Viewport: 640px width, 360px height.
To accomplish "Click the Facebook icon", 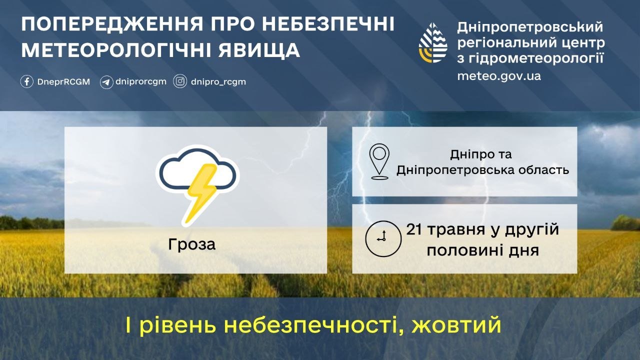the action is click(27, 81).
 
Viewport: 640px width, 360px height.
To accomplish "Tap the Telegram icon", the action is click(106, 82).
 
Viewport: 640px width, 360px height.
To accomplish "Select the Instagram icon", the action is click(180, 81).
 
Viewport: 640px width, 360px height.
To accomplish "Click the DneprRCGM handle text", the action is click(63, 81).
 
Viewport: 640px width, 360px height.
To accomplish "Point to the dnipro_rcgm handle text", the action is click(218, 82).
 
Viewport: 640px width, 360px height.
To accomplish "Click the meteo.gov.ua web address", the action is click(499, 76).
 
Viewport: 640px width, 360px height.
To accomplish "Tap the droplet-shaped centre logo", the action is click(433, 43).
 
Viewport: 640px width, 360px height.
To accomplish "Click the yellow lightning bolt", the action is click(201, 193).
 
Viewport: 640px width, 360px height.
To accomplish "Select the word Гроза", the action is click(191, 244).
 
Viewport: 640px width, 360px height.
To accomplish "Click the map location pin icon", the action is click(379, 161).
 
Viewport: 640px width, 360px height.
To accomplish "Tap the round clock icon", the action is click(383, 238).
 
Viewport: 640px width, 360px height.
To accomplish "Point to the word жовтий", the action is click(456, 325).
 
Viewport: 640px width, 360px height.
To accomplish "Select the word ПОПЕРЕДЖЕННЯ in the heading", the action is click(112, 24).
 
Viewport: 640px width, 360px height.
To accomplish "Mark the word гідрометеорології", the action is click(534, 58).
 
